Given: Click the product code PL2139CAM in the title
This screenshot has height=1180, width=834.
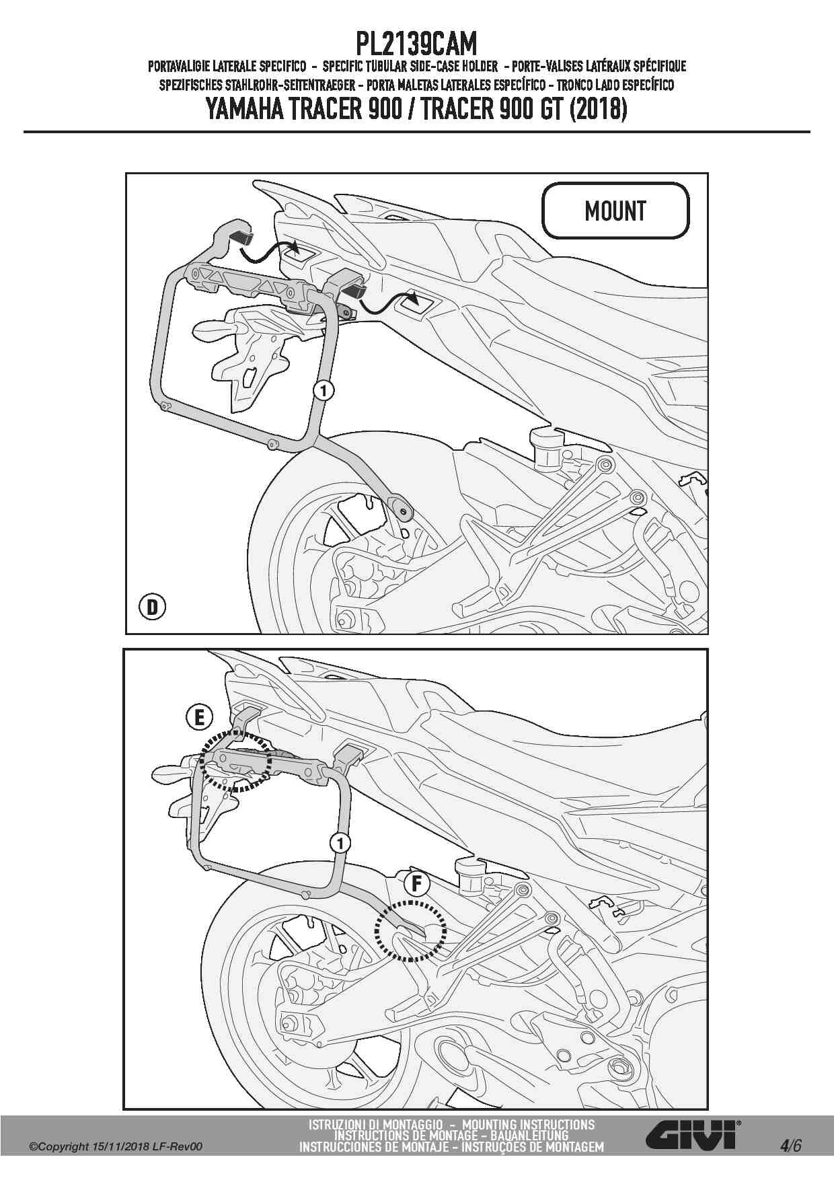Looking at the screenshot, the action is pyautogui.click(x=416, y=44).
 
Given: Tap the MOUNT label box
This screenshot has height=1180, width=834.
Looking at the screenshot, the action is pyautogui.click(x=615, y=211).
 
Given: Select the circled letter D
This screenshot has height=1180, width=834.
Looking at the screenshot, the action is pyautogui.click(x=153, y=607).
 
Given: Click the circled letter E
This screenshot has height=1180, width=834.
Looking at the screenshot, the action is pyautogui.click(x=199, y=718).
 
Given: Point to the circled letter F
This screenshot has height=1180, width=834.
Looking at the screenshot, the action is pyautogui.click(x=416, y=883).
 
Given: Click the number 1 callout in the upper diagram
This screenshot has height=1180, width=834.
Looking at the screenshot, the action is pyautogui.click(x=324, y=390).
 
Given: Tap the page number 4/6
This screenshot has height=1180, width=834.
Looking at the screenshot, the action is pyautogui.click(x=790, y=1146).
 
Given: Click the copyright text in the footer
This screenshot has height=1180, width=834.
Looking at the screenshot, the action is pyautogui.click(x=116, y=1147).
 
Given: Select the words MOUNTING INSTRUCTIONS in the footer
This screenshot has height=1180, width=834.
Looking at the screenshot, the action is pyautogui.click(x=528, y=1125).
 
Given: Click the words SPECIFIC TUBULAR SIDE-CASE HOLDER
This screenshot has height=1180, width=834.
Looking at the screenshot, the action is pyautogui.click(x=410, y=66).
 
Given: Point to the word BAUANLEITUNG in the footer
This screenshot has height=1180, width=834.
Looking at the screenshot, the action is pyautogui.click(x=529, y=1136).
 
